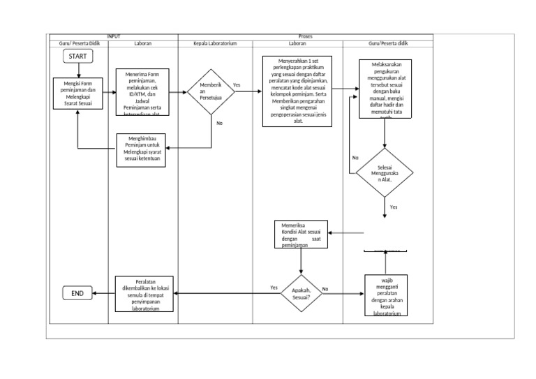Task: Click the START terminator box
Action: coord(77,56)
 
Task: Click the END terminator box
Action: coord(77,294)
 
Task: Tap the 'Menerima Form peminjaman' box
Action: coord(142,91)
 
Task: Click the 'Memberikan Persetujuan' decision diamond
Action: coord(211,91)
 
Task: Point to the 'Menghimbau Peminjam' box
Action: coord(142,149)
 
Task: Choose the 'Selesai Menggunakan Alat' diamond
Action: coord(385,172)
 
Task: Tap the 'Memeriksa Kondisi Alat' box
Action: coord(301,235)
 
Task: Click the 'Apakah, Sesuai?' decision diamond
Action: coord(301,294)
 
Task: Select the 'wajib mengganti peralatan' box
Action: coord(386,295)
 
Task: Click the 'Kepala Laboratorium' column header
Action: coord(215,43)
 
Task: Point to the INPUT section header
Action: coord(113,36)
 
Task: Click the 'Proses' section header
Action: coord(305,36)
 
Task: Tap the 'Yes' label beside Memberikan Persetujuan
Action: coord(237,85)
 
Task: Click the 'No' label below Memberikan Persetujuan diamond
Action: coord(219,124)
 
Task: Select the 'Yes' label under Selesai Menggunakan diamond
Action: coord(394,207)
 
